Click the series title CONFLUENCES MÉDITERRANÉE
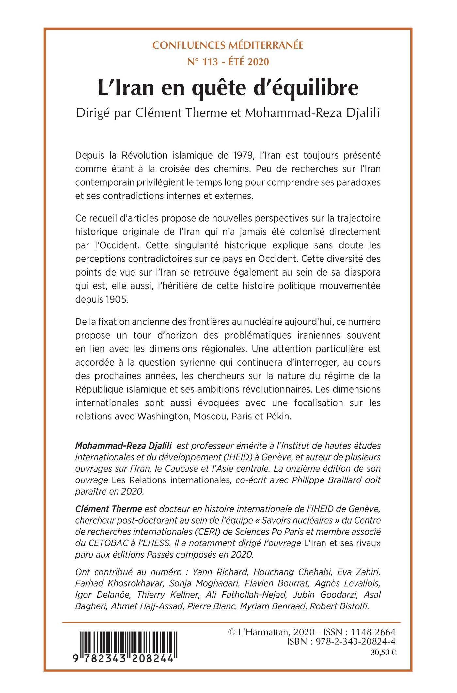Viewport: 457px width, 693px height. pyautogui.click(x=228, y=45)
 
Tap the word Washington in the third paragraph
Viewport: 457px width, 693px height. pyautogui.click(x=163, y=417)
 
